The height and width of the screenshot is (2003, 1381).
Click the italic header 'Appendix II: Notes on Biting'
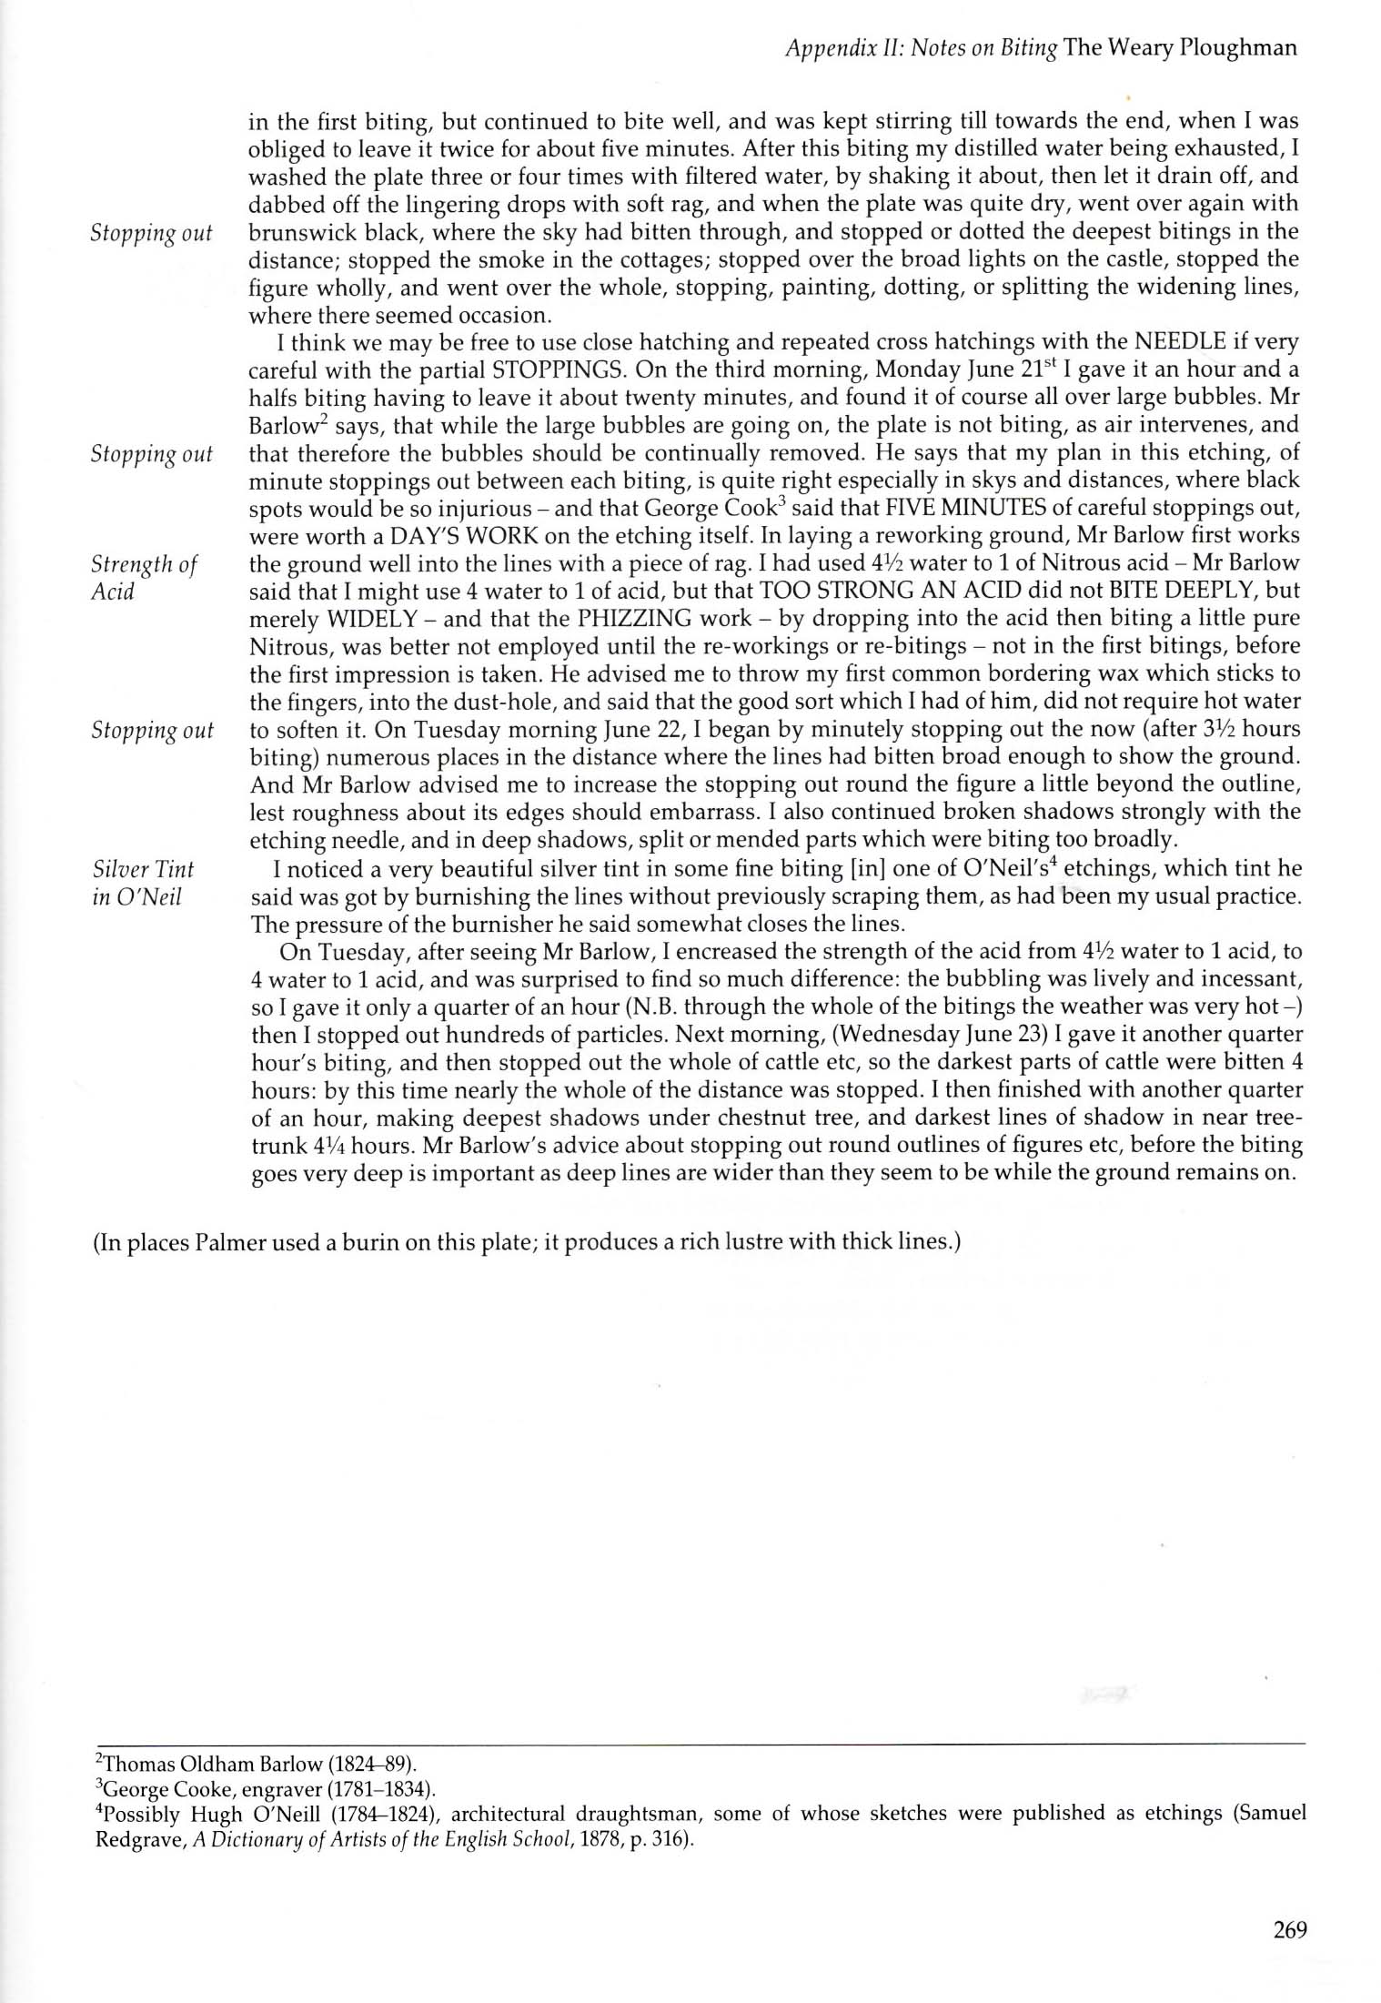pos(919,48)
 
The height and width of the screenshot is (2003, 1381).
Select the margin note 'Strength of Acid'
pos(144,577)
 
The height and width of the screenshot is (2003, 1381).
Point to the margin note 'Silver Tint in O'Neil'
pos(143,883)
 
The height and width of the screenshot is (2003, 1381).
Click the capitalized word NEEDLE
pos(1178,343)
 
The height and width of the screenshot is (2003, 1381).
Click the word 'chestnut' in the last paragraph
pos(812,1117)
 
